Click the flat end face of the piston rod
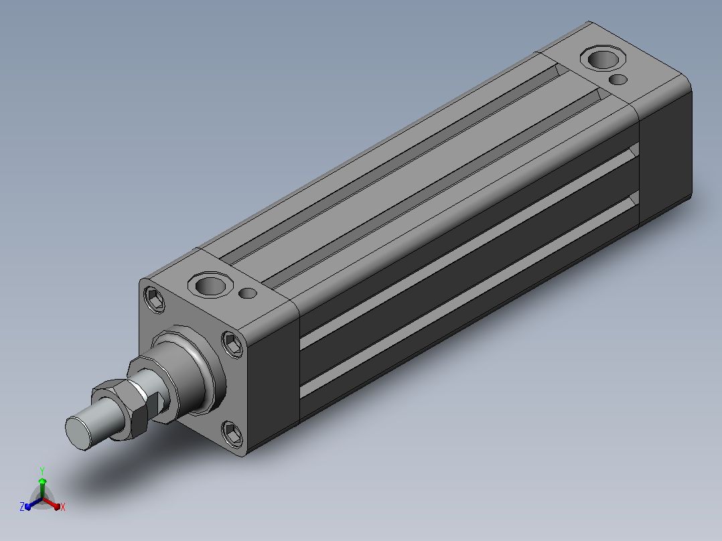(78, 432)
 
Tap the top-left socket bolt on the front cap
(155, 300)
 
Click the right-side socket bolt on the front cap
(233, 344)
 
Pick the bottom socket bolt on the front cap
(232, 433)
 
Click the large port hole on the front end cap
(210, 285)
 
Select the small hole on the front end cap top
(248, 293)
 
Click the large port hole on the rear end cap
(603, 58)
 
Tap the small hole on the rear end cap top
(618, 80)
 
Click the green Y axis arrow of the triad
(42, 487)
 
